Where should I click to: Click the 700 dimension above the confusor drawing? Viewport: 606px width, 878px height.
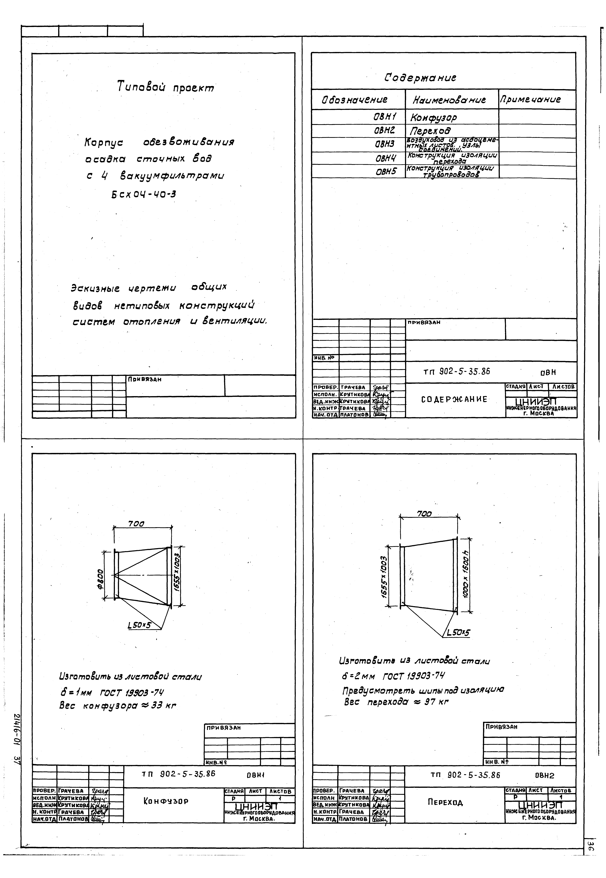tap(136, 524)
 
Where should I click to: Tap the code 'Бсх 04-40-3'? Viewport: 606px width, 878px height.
tap(144, 194)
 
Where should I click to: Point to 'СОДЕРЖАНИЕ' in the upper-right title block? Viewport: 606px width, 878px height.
tap(454, 400)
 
